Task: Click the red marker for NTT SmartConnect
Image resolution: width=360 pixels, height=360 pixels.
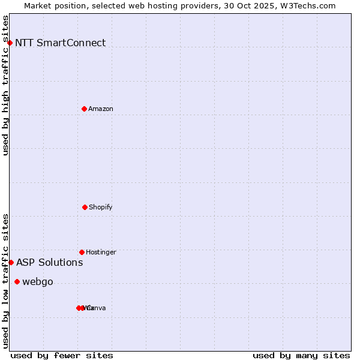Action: (x=10, y=43)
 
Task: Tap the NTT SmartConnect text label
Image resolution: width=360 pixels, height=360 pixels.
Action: (x=60, y=43)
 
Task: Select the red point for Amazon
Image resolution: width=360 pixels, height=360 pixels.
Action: (x=84, y=109)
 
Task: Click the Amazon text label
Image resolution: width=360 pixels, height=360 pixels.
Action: (x=101, y=109)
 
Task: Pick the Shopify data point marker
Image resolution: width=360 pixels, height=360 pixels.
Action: (x=85, y=207)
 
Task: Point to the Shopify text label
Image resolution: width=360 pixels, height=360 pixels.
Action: (x=101, y=207)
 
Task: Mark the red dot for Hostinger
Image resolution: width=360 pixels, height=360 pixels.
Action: (x=82, y=252)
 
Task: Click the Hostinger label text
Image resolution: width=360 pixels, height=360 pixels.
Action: (x=101, y=252)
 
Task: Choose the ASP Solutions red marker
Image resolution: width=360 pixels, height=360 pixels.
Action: (x=11, y=262)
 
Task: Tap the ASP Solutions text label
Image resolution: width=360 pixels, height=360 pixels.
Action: (x=49, y=262)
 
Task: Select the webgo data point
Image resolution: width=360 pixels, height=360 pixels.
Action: (x=17, y=281)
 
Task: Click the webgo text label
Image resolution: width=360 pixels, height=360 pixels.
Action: (x=38, y=281)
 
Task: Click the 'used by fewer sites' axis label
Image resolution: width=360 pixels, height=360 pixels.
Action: (x=62, y=355)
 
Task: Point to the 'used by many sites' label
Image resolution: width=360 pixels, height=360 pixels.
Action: (x=301, y=355)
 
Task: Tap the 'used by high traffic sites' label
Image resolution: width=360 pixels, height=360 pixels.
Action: (x=5, y=85)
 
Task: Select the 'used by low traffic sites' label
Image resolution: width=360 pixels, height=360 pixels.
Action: (x=5, y=281)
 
